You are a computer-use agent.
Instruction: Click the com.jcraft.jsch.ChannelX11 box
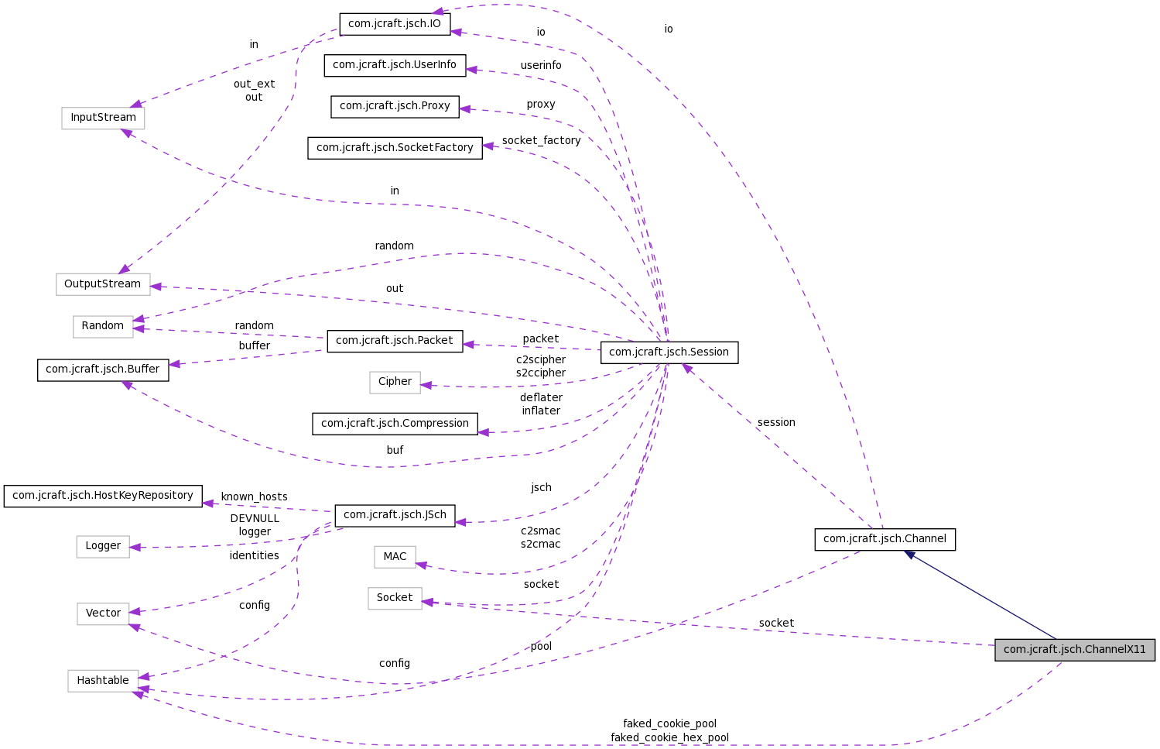tap(1074, 650)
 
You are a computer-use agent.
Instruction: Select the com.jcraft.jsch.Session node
tap(669, 352)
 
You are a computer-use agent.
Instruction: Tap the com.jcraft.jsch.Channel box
tap(885, 539)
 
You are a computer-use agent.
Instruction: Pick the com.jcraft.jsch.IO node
tap(394, 24)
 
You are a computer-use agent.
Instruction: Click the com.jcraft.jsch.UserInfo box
tap(395, 65)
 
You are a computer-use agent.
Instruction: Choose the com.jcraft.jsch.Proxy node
tap(395, 106)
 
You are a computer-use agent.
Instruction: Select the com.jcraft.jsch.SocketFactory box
tap(395, 148)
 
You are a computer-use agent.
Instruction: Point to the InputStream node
tap(103, 118)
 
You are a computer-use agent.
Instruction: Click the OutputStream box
tap(103, 284)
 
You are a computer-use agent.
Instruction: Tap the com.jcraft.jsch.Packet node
tap(395, 341)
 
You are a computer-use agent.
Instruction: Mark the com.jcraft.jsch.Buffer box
tap(103, 369)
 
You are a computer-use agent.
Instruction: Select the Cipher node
tap(395, 382)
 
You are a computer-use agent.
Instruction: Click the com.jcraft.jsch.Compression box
tap(395, 424)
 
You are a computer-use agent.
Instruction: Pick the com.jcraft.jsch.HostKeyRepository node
tap(103, 496)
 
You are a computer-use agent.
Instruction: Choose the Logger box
tap(103, 546)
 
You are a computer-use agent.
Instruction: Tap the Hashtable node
tap(103, 681)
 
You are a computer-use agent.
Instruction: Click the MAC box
tap(395, 557)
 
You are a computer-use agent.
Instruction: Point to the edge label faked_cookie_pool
tap(669, 723)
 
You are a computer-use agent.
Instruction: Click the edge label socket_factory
tap(541, 140)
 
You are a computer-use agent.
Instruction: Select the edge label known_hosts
tap(254, 496)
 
